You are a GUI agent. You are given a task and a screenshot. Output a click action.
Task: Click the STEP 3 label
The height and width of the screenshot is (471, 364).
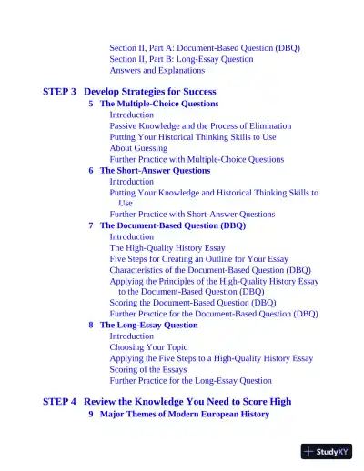[x=60, y=92]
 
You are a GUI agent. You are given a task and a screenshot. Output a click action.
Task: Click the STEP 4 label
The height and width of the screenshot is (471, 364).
[x=60, y=401]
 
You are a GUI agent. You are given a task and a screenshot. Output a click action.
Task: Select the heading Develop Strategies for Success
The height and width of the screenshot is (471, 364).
[x=150, y=92]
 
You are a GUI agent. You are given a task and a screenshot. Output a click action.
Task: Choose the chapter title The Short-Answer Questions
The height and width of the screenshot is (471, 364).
[x=155, y=170]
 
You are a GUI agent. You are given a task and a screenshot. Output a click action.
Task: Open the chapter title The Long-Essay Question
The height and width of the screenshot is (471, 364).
[x=148, y=325]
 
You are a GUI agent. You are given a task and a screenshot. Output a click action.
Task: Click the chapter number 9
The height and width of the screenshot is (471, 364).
[x=91, y=414]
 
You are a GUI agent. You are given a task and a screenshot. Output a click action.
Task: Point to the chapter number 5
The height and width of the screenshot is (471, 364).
[x=91, y=104]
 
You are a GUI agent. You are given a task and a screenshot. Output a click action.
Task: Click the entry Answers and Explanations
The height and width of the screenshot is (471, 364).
[x=157, y=70]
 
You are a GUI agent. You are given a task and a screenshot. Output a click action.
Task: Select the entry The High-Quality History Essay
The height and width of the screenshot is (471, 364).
[x=167, y=247]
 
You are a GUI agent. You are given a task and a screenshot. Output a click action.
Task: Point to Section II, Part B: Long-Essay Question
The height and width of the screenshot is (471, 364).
[x=182, y=59]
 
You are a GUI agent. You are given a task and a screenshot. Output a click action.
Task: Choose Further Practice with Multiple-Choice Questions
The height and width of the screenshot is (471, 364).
[x=197, y=159]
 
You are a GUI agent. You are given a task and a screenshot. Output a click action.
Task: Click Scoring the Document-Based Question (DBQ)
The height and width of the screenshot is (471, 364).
[x=193, y=303]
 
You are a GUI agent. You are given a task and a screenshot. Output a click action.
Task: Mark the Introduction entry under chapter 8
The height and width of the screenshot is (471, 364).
[x=132, y=336]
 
